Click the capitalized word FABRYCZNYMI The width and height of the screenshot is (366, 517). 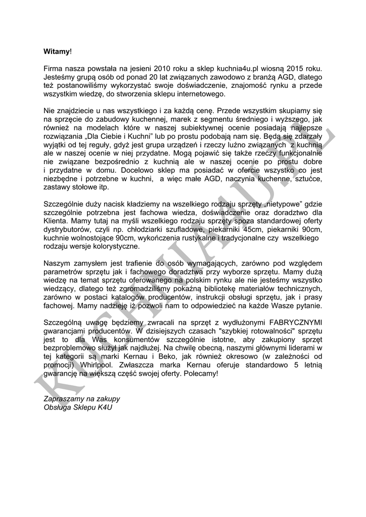coord(290,322)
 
